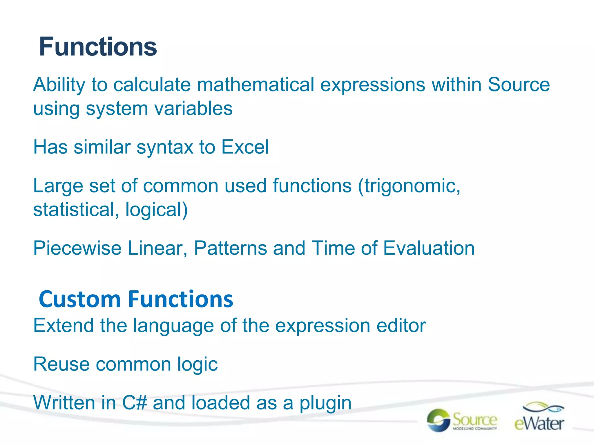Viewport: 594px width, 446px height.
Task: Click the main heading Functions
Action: (98, 47)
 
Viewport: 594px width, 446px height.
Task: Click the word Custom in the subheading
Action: (79, 299)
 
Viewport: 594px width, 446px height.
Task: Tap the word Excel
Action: (245, 147)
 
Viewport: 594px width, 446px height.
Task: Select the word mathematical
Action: (256, 85)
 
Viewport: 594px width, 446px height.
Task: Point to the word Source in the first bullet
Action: (519, 85)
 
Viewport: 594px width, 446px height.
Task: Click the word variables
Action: (193, 109)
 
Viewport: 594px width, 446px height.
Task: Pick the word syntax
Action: (165, 148)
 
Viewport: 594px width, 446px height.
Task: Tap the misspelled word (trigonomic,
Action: (409, 186)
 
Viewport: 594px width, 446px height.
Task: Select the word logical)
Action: (157, 210)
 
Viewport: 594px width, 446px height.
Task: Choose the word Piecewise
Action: (77, 248)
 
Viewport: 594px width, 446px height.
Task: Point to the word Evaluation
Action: (429, 248)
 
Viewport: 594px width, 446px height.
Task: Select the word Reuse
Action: (61, 364)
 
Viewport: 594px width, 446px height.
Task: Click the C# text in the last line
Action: (135, 403)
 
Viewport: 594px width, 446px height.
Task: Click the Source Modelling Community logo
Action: (462, 420)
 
